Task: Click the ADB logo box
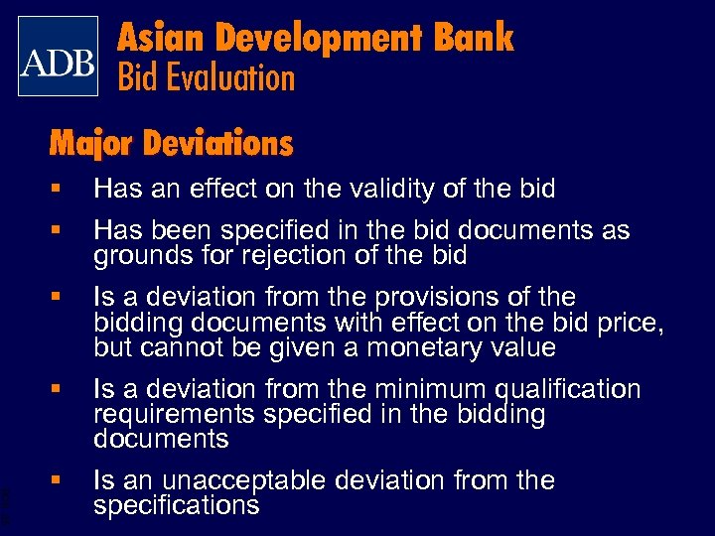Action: tap(59, 57)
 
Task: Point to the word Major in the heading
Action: tap(91, 145)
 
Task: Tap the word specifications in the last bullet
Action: tap(176, 505)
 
